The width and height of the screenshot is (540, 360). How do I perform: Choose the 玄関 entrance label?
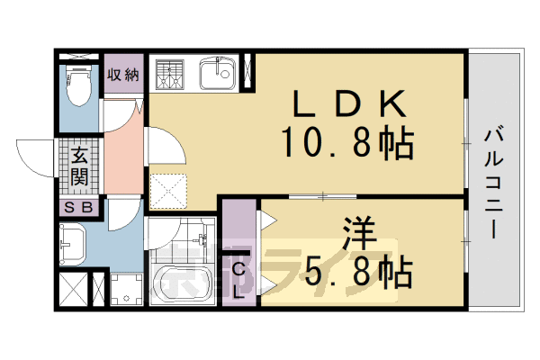click(x=79, y=166)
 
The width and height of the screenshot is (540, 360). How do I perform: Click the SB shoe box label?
click(x=79, y=208)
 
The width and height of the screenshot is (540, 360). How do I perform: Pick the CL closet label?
click(x=239, y=278)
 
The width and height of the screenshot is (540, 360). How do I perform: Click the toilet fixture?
click(x=79, y=89)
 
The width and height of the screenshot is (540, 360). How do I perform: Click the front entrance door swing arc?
click(x=36, y=157)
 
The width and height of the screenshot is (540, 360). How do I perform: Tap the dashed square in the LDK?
click(x=168, y=187)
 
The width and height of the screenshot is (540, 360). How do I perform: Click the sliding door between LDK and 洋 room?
click(x=322, y=195)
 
